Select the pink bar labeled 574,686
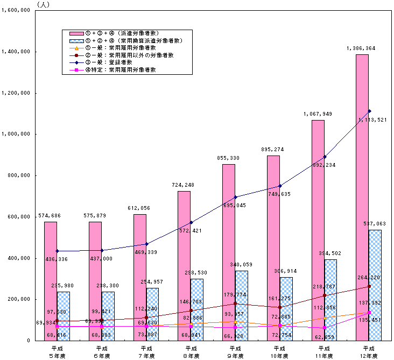pyautogui.click(x=50, y=280)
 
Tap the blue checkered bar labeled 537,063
pyautogui.click(x=375, y=285)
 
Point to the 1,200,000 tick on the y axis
pyautogui.click(x=17, y=93)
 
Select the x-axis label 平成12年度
pyautogui.click(x=368, y=352)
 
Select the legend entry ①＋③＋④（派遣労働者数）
pyautogui.click(x=127, y=33)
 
